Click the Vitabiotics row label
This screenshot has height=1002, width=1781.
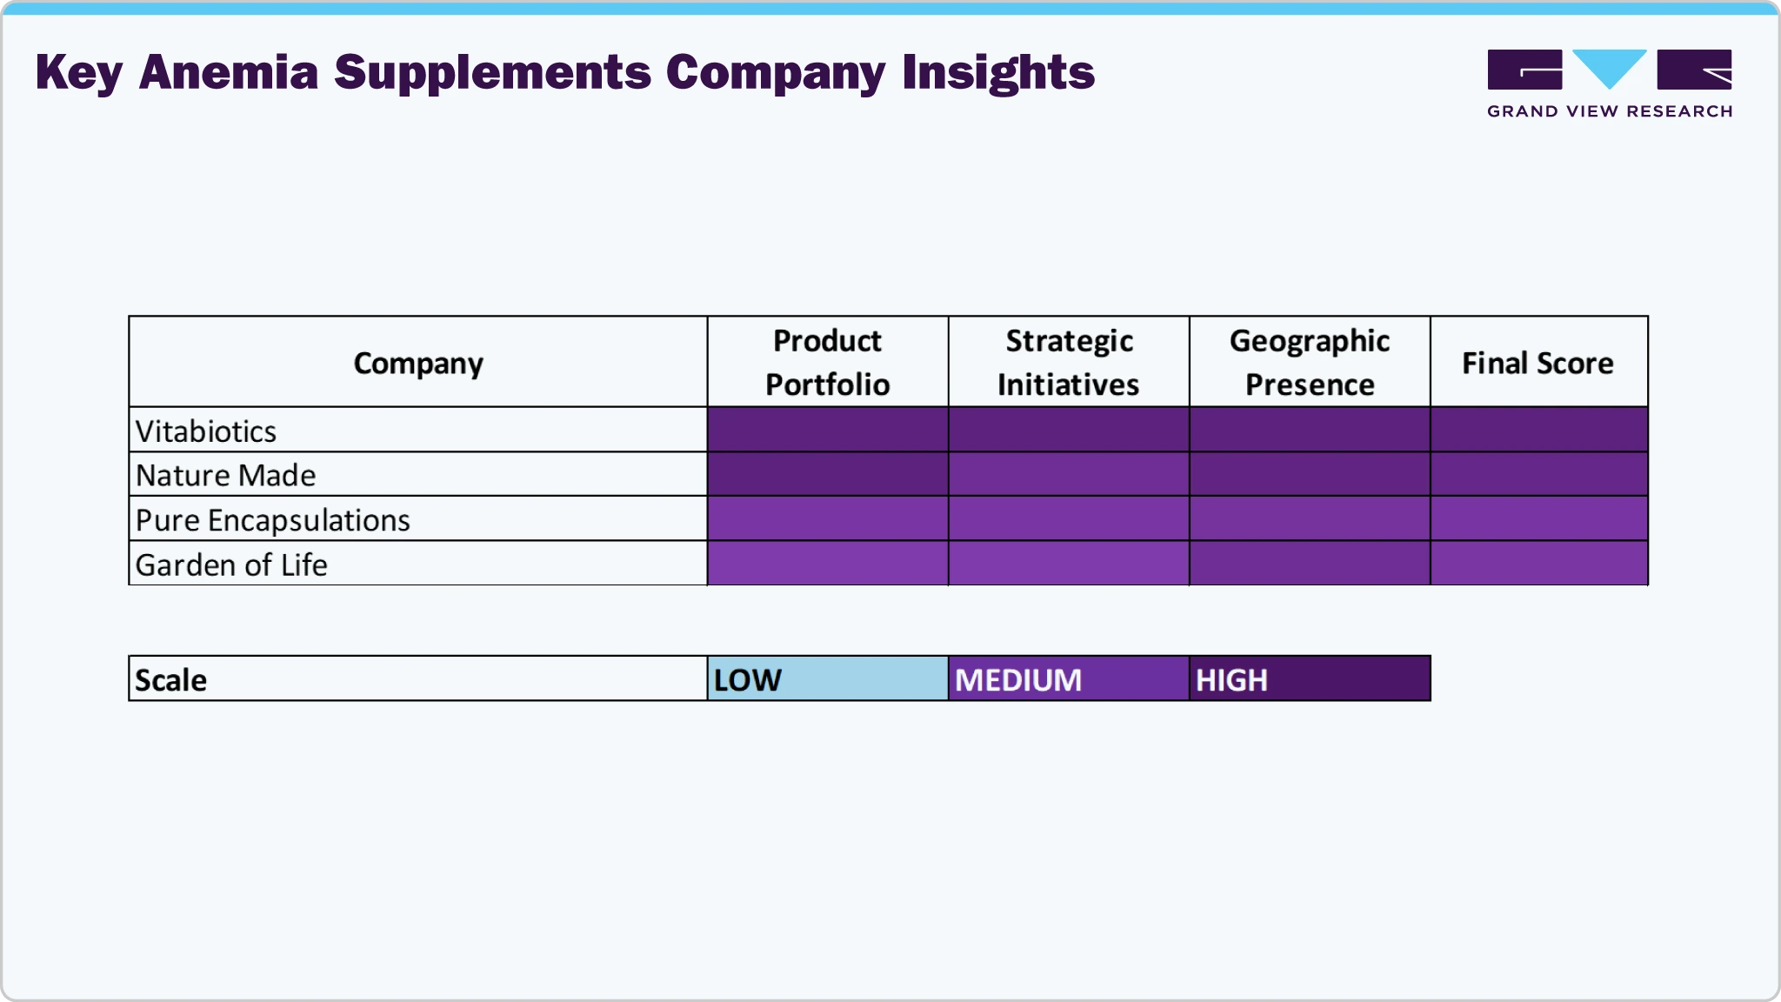click(x=206, y=431)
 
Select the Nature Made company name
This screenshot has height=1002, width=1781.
click(x=226, y=475)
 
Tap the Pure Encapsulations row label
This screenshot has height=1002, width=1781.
click(x=272, y=520)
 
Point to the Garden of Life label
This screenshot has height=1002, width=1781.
click(x=231, y=564)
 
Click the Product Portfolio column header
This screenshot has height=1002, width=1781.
click(x=827, y=362)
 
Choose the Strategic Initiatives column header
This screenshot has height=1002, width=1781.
click(x=1068, y=362)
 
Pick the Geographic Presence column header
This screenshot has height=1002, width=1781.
click(x=1310, y=362)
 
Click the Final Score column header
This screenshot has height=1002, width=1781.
click(x=1538, y=363)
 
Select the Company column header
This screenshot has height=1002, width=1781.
click(x=417, y=363)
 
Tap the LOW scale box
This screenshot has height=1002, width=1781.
click(x=827, y=678)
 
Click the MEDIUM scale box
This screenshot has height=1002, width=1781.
click(x=1068, y=678)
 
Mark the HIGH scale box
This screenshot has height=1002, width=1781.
click(x=1310, y=678)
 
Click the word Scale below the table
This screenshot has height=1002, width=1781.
click(x=171, y=679)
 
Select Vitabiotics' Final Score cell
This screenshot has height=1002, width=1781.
click(x=1538, y=430)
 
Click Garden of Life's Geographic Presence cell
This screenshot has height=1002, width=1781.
click(x=1310, y=564)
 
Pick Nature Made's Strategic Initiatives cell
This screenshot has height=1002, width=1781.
click(x=1068, y=474)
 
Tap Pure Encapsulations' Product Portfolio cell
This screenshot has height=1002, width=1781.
click(x=827, y=519)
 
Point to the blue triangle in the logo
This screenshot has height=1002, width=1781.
click(x=1610, y=67)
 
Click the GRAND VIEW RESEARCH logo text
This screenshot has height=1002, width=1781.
click(x=1610, y=111)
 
